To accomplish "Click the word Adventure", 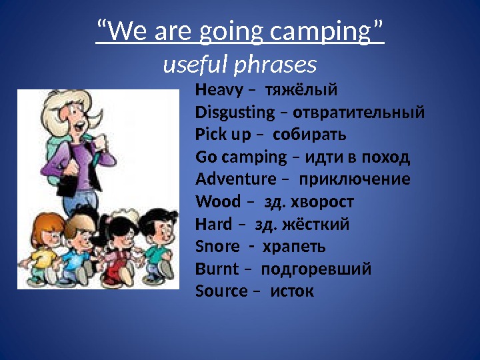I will pos(236,179).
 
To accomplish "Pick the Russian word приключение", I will pos(355,179).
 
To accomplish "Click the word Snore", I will pos(217,247).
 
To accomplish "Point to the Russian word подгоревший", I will pos(316,269).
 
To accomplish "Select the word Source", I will pos(221,291).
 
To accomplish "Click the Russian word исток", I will pos(292,291).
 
